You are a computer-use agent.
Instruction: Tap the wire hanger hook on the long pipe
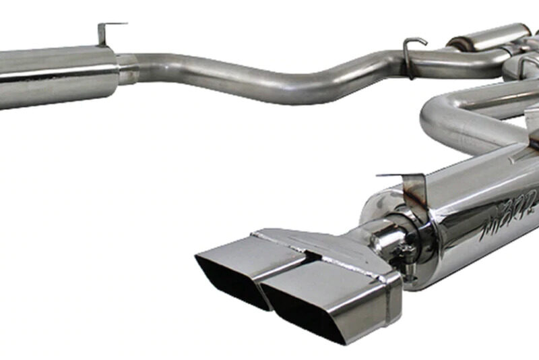412,51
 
